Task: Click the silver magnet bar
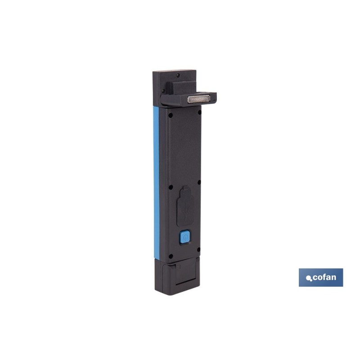[199, 99]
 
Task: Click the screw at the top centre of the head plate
[178, 75]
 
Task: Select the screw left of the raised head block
[163, 91]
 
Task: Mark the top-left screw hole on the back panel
[171, 115]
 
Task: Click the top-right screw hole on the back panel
[199, 112]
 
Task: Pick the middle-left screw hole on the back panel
[171, 187]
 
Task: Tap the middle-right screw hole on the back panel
[199, 182]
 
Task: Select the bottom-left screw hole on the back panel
[171, 256]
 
